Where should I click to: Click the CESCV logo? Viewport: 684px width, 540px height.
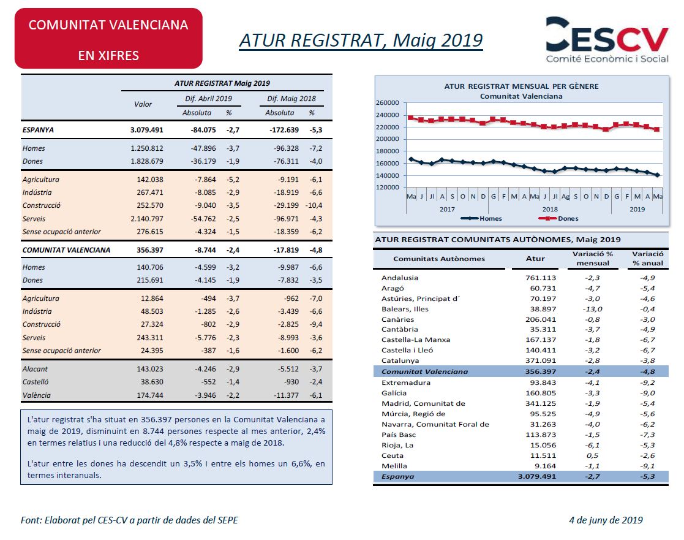[x=607, y=40]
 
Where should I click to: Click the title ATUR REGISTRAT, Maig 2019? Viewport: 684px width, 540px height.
[x=361, y=40]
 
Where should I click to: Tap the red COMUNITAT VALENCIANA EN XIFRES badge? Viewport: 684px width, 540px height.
[x=108, y=39]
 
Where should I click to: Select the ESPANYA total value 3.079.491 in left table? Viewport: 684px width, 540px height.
[x=146, y=130]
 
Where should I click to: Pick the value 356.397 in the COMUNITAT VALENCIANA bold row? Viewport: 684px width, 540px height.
[x=149, y=250]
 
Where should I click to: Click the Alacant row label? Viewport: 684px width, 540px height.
[x=35, y=369]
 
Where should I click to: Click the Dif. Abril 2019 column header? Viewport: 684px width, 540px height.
[x=209, y=99]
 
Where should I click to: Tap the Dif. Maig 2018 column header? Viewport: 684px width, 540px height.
[x=291, y=99]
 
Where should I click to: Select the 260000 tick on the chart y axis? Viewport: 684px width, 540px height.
[x=388, y=103]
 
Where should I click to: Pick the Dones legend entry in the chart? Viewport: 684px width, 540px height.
[x=558, y=218]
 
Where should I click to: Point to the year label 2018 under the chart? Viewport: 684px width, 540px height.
[x=550, y=209]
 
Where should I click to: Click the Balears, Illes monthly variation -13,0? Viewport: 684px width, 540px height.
[x=592, y=309]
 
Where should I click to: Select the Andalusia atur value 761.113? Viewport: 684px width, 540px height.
[x=541, y=278]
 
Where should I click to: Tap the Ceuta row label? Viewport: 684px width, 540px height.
[x=392, y=456]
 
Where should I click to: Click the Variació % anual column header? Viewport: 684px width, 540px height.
[x=648, y=259]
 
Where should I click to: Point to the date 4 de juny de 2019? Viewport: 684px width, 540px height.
[x=606, y=520]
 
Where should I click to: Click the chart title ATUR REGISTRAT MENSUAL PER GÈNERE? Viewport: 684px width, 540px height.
[x=521, y=86]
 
